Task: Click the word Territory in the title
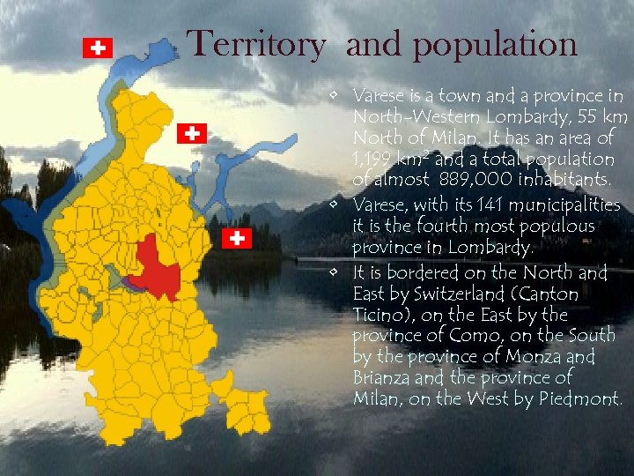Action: coord(256,44)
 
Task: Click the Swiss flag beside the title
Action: coord(97,48)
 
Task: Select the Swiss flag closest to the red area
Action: coord(237,238)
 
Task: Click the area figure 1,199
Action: coord(372,160)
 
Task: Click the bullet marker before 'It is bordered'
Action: coord(338,273)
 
